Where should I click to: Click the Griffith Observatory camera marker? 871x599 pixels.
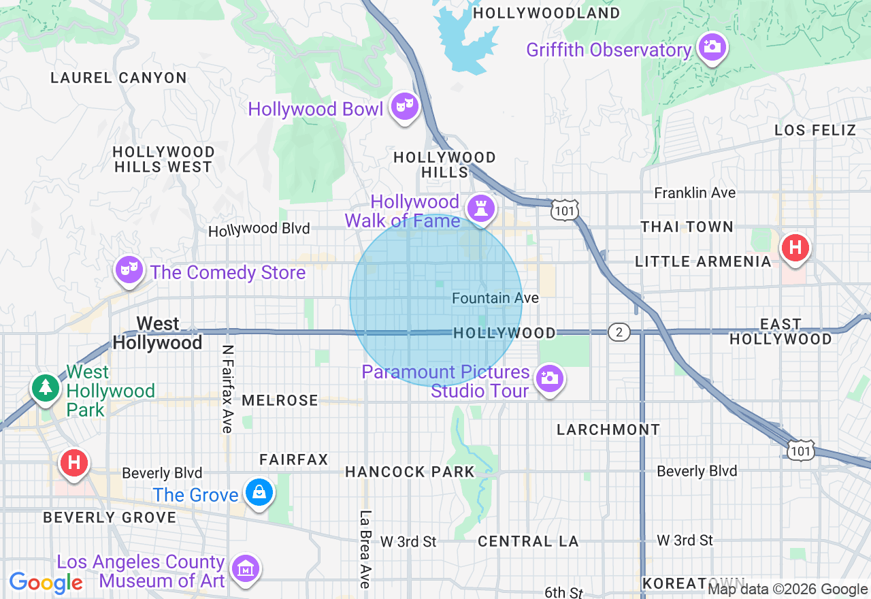point(712,47)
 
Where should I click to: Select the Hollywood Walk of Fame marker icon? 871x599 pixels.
point(481,208)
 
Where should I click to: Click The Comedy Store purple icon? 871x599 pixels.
point(127,270)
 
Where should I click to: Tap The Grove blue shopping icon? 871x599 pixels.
point(259,492)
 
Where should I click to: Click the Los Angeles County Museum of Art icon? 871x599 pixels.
point(245,568)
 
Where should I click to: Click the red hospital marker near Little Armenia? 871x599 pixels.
point(795,247)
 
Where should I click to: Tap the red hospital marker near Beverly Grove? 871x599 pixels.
point(74,463)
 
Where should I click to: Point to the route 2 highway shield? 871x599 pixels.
point(619,332)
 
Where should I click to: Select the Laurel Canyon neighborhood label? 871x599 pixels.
point(118,78)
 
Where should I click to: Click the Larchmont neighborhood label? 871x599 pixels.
point(608,430)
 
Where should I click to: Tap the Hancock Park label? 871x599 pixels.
point(410,472)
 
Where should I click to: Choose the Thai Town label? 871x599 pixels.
point(687,227)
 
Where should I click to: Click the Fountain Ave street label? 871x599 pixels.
point(495,298)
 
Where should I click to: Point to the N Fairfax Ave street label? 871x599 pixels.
point(227,388)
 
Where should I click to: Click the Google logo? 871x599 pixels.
point(46,583)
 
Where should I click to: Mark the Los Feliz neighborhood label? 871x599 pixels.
point(815,130)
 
